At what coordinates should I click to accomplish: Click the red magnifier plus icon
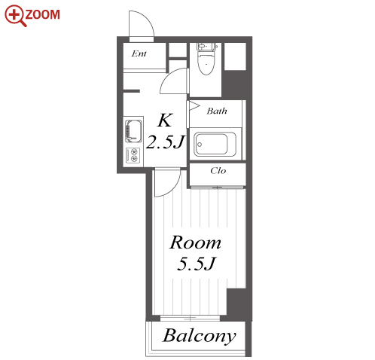14,15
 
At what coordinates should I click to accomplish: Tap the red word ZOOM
42,14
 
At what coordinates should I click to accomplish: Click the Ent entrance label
139,53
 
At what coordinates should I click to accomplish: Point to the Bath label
217,111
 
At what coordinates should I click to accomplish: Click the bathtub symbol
215,145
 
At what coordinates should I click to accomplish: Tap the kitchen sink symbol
133,131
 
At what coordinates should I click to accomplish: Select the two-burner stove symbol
133,155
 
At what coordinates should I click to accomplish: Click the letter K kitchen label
165,121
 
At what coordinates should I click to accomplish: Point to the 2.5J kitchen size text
165,142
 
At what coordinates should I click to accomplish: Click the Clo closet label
218,171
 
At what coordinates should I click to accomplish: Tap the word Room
195,243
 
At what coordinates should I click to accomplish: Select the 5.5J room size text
196,264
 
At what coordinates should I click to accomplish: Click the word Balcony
200,336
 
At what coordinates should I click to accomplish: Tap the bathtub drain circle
200,145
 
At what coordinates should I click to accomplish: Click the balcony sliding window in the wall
190,319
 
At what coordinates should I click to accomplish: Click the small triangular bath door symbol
194,105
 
